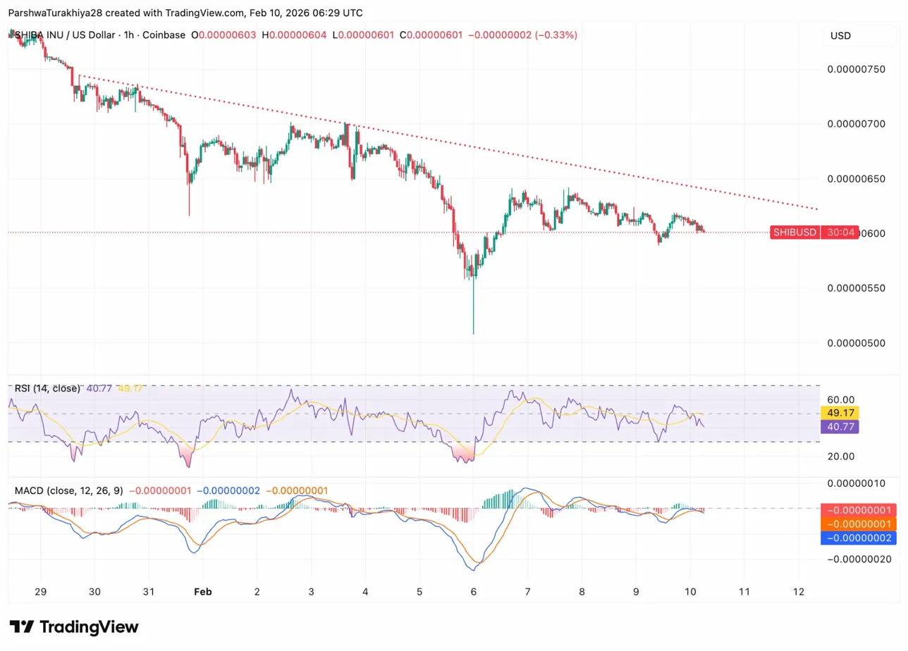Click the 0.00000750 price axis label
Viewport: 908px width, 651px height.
pyautogui.click(x=855, y=69)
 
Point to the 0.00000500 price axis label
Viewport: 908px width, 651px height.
pyautogui.click(x=855, y=343)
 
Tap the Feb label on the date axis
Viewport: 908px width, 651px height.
pyautogui.click(x=203, y=591)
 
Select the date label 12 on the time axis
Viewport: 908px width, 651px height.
pyautogui.click(x=799, y=591)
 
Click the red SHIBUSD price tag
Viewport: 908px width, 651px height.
pyautogui.click(x=795, y=232)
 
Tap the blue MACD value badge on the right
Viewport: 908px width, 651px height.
pyautogui.click(x=857, y=538)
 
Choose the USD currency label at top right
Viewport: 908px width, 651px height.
pyautogui.click(x=840, y=35)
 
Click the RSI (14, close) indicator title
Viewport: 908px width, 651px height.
pyautogui.click(x=47, y=388)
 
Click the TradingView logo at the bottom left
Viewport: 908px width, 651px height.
pyautogui.click(x=74, y=627)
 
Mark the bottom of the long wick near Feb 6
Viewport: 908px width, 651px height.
pyautogui.click(x=473, y=333)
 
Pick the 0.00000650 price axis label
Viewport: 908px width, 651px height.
pyautogui.click(x=855, y=179)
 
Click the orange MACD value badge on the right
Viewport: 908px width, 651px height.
pyautogui.click(x=857, y=524)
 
